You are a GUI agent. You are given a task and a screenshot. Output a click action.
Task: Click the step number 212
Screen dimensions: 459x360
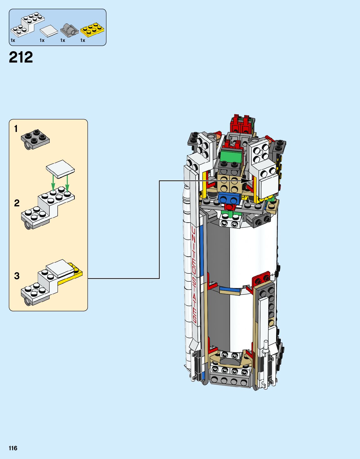21,57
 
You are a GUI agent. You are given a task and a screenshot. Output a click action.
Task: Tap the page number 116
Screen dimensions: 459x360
13,448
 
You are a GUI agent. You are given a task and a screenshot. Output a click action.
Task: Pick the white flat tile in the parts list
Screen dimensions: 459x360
49,31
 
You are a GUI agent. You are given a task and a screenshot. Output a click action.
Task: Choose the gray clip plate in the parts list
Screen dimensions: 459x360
69,30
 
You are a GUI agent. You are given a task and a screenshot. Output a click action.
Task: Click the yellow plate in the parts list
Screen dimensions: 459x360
92,30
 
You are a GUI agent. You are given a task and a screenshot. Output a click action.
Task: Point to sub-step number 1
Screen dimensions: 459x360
16,129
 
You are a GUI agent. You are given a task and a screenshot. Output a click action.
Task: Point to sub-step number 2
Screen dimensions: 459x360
17,203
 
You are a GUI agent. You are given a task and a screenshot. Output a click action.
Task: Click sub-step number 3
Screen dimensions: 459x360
17,276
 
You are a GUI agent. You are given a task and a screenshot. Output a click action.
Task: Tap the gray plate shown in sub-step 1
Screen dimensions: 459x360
35,139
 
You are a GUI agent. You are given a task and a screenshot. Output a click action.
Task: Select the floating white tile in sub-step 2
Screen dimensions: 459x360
60,169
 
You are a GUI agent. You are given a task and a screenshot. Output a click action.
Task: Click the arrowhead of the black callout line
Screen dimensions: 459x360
251,181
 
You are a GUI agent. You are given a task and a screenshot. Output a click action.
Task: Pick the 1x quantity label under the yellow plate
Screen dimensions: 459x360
83,40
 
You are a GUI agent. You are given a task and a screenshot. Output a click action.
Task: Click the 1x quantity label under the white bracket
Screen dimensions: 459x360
13,40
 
